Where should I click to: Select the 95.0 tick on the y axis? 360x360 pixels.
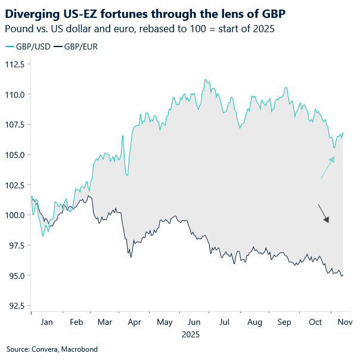point(14,276)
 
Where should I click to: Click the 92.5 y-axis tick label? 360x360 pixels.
point(14,306)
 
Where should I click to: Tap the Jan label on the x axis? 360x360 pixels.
point(46,322)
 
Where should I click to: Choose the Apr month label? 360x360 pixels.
point(134,322)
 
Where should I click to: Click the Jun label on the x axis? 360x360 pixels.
point(194,322)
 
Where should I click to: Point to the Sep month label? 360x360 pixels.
point(285,322)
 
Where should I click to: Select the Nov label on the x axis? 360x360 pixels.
point(345,322)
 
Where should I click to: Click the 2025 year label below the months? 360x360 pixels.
point(191,334)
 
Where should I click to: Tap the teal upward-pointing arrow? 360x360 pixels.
point(327,167)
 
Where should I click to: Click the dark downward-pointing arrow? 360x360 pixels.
point(323,213)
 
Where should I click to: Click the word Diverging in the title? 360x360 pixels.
point(32,13)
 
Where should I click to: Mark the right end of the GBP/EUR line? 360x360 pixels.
point(343,275)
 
